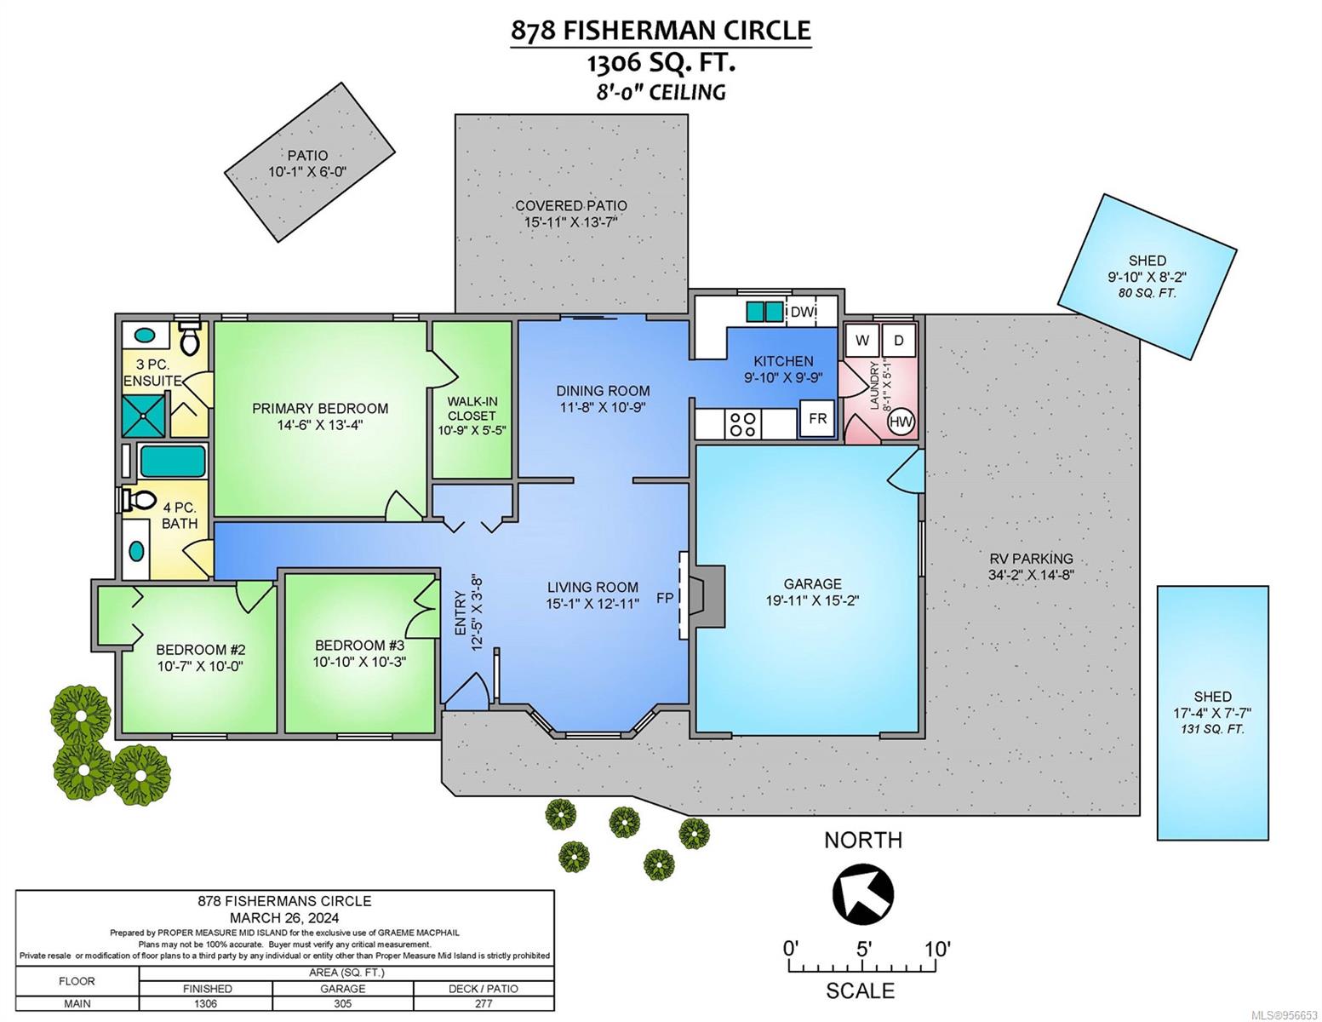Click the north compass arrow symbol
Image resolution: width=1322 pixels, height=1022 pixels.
coord(862,895)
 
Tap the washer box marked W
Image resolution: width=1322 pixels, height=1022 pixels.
coord(862,341)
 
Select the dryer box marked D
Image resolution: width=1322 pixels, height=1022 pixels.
coord(899,341)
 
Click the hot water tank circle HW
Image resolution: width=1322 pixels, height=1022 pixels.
coord(901,422)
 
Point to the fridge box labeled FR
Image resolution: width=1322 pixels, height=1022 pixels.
coord(817,419)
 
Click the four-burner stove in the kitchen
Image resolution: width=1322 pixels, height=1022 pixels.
coord(742,423)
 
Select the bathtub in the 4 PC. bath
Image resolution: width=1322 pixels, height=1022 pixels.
coord(173,462)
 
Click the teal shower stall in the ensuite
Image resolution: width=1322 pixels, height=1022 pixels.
coord(144,415)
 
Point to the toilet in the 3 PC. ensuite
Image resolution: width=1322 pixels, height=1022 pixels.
coord(190,338)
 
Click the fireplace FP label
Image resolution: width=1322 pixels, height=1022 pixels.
coord(664,598)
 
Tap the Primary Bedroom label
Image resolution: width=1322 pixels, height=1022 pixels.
coord(320,409)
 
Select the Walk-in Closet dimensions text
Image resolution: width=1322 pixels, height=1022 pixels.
coord(472,430)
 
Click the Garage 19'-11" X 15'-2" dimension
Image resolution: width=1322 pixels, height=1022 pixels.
coord(812,600)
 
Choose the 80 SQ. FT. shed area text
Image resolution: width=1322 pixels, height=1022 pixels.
coord(1147,293)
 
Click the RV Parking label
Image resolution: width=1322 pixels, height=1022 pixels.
coord(1031,558)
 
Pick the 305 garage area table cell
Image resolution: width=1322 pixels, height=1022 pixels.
coord(342,1004)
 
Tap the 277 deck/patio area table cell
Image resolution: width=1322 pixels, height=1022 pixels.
coord(484,1004)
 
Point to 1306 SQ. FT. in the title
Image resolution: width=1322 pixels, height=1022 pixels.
coord(661,63)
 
